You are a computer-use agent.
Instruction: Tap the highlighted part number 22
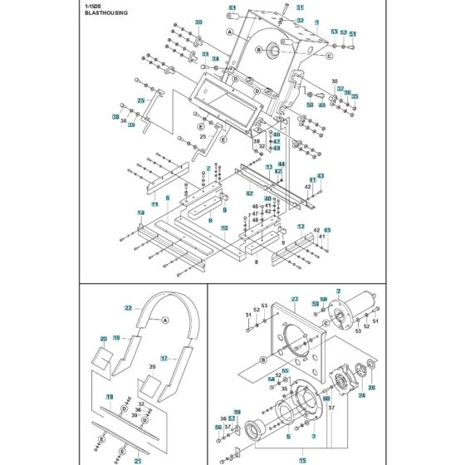pos(128,308)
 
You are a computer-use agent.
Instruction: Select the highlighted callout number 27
pos(294,299)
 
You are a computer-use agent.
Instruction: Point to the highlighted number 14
pos(141,213)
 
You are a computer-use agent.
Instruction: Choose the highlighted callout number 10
pos(224,237)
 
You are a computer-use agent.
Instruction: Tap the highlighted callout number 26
pos(371,387)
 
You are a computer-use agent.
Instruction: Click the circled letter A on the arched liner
pos(164,320)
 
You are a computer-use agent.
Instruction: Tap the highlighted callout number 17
pos(164,359)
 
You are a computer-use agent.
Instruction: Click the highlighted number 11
pos(154,203)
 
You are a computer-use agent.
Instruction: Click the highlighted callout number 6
pos(167,198)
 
